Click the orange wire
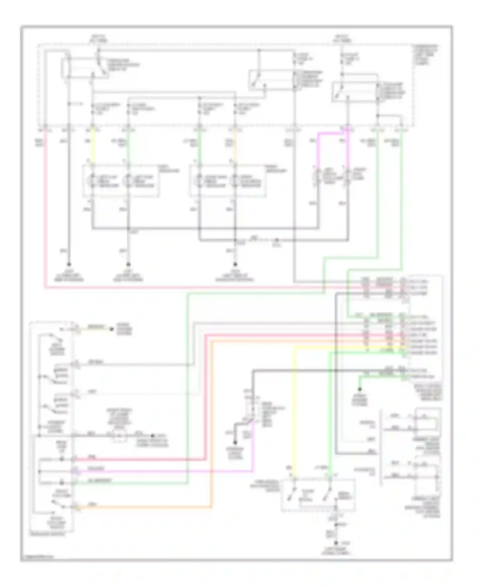coord(145,508)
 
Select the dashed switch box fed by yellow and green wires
coord(318,495)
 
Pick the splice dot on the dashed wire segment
coord(277,240)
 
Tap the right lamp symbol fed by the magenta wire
coord(347,177)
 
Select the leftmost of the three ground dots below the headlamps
coord(69,265)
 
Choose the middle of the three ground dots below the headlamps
coord(128,265)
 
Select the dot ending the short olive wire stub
coord(112,329)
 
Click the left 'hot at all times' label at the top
coord(98,39)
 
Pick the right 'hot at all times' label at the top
coord(343,39)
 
